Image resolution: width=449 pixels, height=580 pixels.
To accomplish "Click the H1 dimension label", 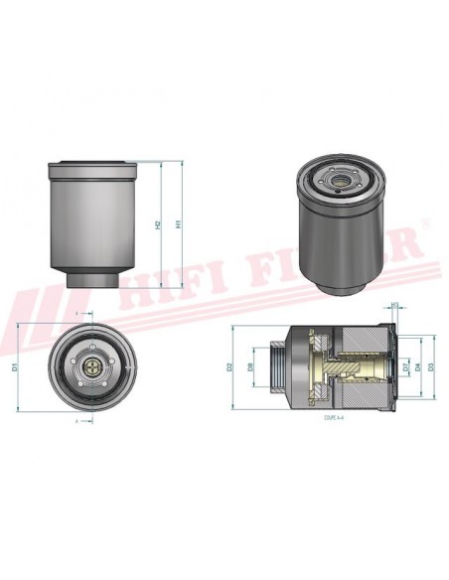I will tap(179, 224).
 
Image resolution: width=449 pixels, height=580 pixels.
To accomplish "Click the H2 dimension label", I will tap(159, 224).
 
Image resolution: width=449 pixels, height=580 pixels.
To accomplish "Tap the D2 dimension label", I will tap(229, 366).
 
